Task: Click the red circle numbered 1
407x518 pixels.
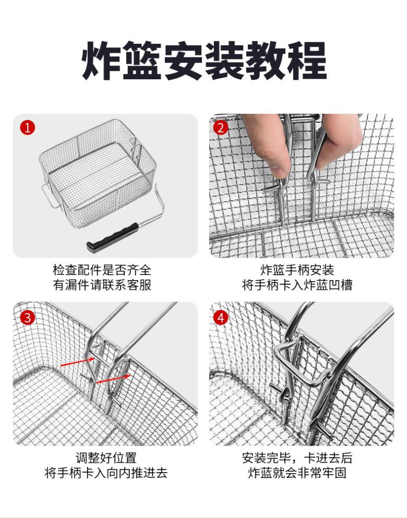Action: pos(28,127)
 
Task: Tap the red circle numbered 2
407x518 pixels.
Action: pos(221,128)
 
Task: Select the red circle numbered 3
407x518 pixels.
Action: pos(28,318)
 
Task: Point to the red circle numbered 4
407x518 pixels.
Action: pos(221,318)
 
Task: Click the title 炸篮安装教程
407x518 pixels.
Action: pos(204,61)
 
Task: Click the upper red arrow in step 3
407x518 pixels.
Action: pos(77,362)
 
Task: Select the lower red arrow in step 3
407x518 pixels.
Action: pos(113,379)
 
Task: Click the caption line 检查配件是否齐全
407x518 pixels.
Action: pos(102,270)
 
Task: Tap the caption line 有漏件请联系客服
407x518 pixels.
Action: pos(102,285)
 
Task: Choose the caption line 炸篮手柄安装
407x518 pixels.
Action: pos(297,270)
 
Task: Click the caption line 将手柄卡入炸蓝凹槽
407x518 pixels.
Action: pos(297,285)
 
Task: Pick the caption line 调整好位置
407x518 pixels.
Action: pos(106,458)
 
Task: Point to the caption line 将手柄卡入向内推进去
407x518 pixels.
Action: pos(106,473)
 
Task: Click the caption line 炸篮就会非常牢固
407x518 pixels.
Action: pos(297,473)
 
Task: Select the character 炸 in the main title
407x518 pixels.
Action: pos(101,61)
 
